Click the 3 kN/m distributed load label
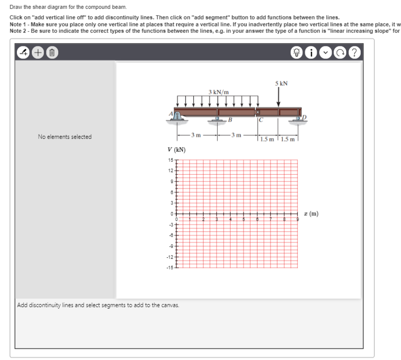[219, 92]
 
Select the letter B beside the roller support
[230, 120]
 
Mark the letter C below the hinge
[260, 120]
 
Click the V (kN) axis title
[177, 150]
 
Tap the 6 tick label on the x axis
[257, 220]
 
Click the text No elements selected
[65, 137]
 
